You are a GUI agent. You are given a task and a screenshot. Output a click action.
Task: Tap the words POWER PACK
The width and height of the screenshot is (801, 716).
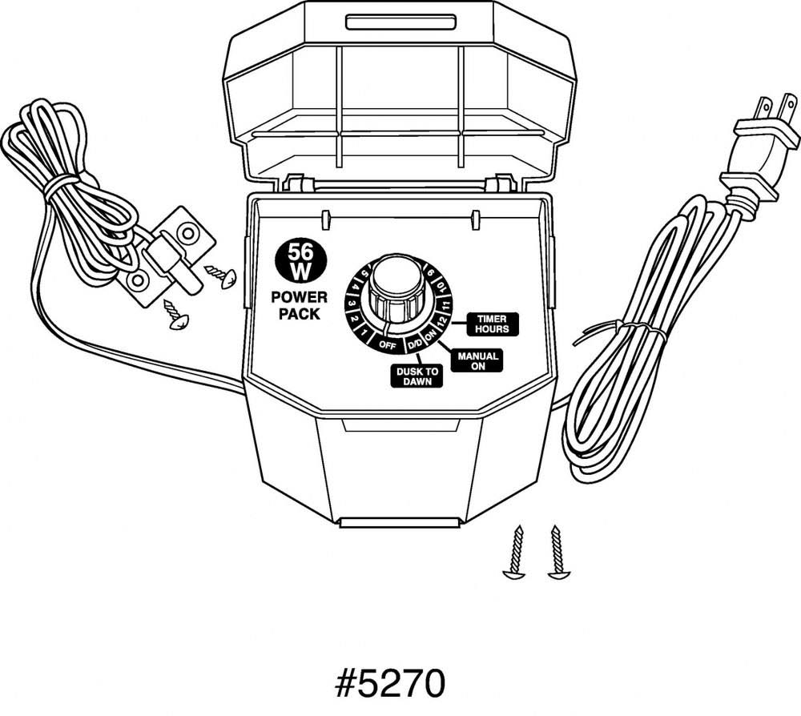coord(295,305)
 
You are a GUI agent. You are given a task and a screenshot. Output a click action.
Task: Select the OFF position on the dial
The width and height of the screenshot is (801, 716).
coord(388,345)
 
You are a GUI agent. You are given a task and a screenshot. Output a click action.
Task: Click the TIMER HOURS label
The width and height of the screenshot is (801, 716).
coord(492,324)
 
